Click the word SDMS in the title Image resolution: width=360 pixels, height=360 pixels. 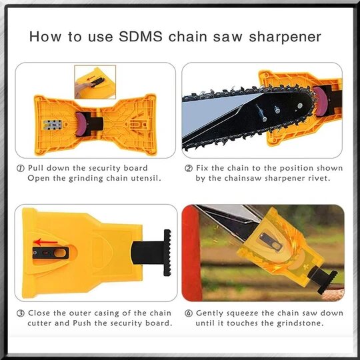click(140, 37)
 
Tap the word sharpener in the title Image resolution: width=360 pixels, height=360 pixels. click(285, 37)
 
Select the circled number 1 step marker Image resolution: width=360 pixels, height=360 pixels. click(21, 168)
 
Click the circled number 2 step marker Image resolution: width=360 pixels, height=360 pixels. click(189, 168)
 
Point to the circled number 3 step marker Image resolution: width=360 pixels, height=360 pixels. click(21, 313)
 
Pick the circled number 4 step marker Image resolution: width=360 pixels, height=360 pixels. click(189, 313)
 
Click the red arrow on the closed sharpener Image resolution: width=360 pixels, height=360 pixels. click(45, 242)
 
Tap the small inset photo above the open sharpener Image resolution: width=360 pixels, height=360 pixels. click(95, 82)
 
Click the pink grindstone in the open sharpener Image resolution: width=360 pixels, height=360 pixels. click(80, 124)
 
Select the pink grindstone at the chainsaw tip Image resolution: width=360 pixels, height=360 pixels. click(320, 101)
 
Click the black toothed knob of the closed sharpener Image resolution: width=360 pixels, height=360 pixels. click(167, 252)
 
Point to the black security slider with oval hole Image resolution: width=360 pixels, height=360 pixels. click(51, 253)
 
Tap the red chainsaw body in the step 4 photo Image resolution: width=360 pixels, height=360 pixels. click(191, 253)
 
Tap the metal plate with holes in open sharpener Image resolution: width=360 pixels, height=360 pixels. click(53, 125)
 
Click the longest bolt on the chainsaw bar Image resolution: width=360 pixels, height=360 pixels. click(261, 113)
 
